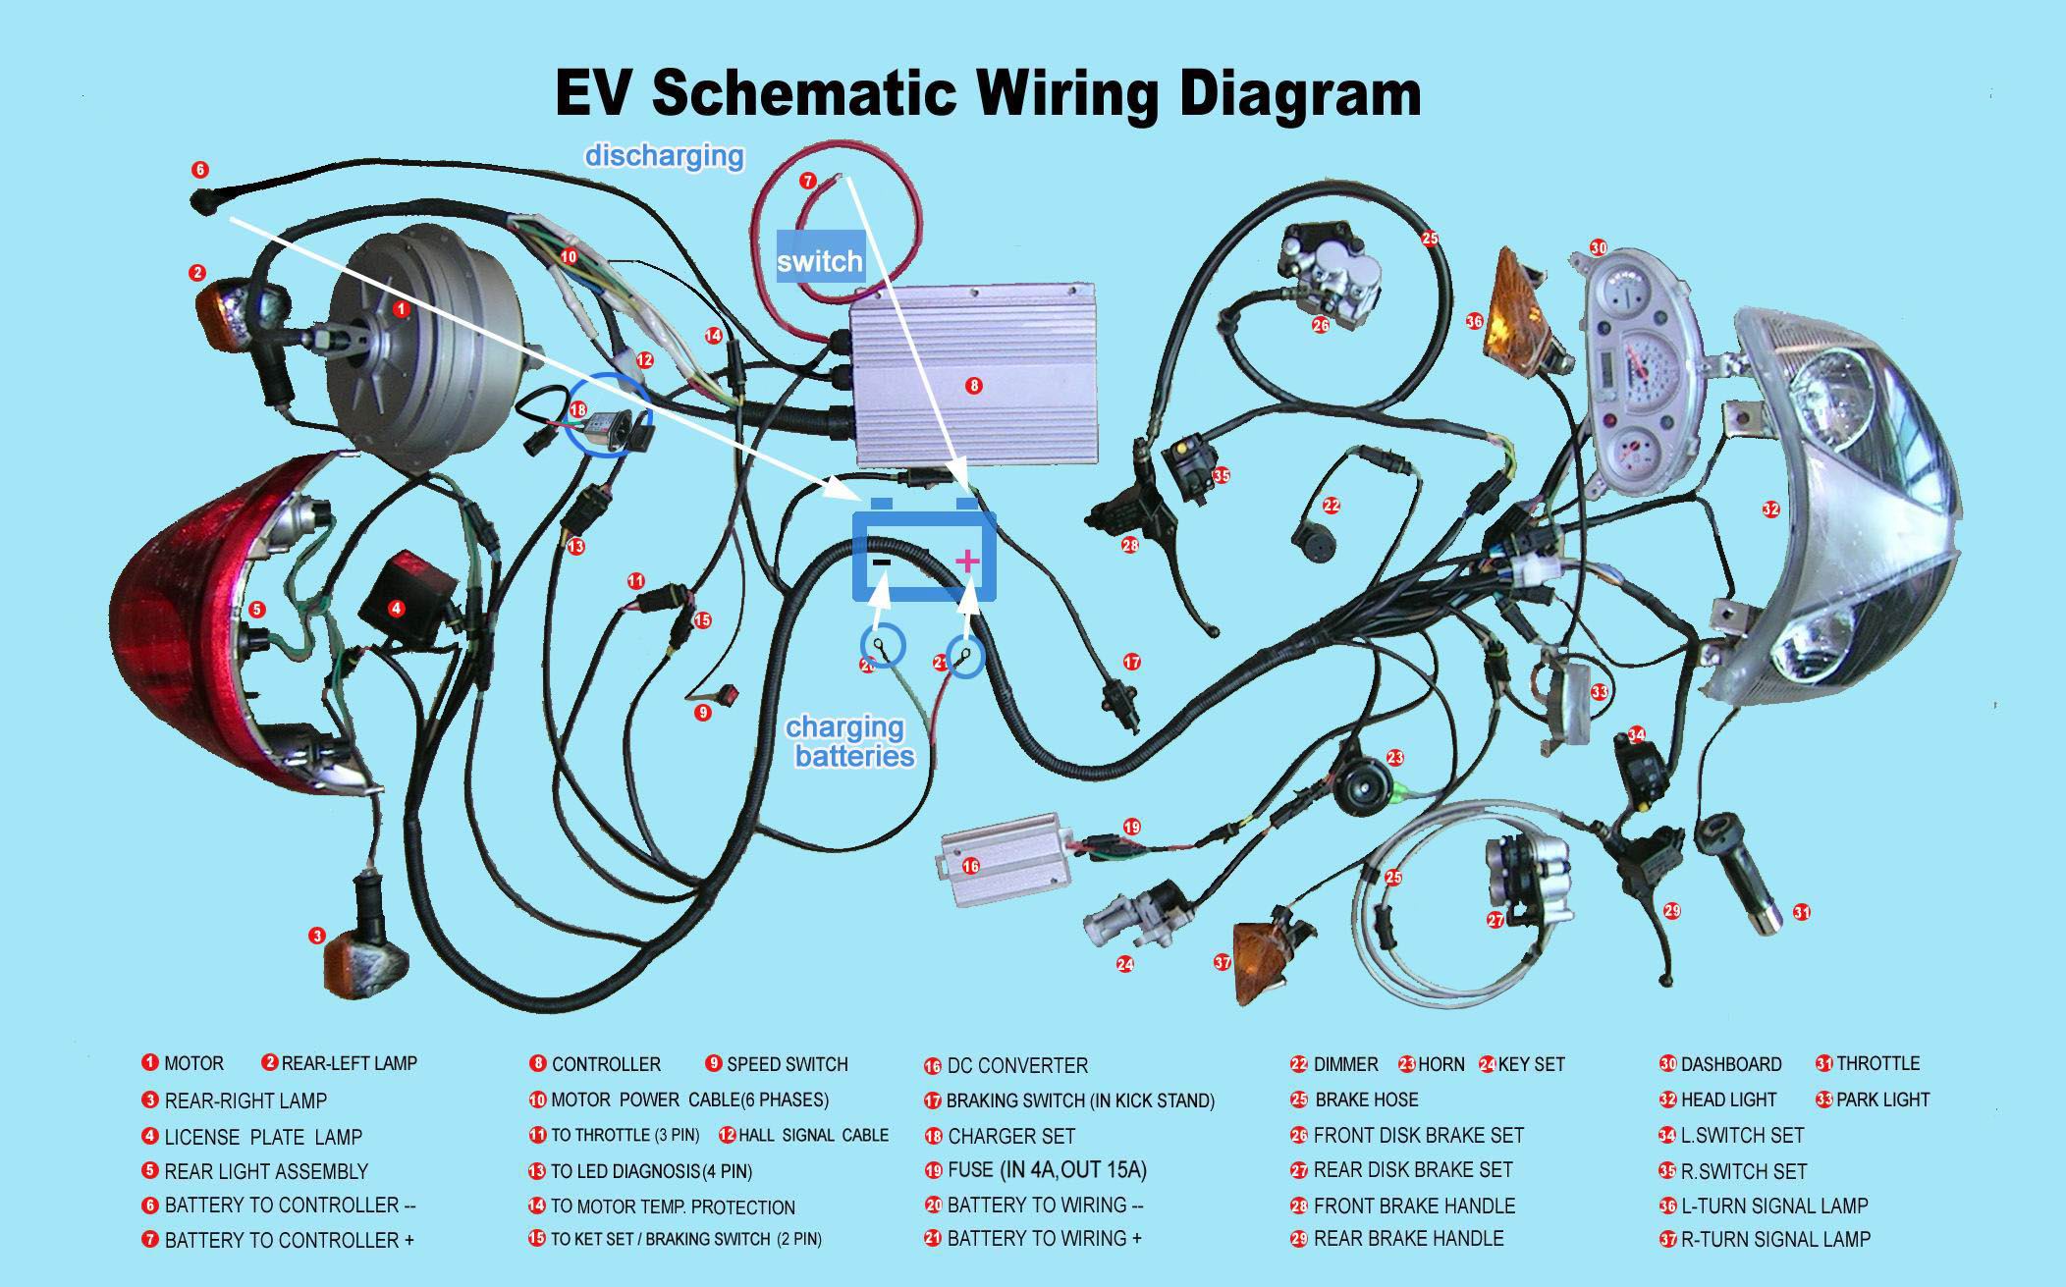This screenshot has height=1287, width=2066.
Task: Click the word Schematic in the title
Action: coord(802,93)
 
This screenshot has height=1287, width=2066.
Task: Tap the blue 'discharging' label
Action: coord(664,156)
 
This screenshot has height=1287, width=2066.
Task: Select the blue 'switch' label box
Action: coord(819,260)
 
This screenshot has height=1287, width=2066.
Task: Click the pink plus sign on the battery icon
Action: coord(967,561)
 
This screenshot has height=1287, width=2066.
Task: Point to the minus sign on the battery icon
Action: coord(881,562)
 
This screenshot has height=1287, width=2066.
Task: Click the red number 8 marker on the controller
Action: coord(973,386)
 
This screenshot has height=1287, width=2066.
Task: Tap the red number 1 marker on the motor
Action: coord(400,308)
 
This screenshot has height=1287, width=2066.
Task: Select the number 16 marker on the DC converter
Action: coord(970,867)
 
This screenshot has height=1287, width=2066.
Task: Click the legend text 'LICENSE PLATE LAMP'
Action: coord(263,1137)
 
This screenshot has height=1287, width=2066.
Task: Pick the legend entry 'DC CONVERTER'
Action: coord(1017,1065)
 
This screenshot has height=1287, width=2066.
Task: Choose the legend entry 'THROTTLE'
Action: coord(1877,1063)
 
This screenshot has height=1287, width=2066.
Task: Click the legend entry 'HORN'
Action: coord(1441,1064)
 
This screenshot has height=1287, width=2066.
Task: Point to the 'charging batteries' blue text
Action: coord(849,741)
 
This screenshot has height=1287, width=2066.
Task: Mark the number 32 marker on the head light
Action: coord(1770,509)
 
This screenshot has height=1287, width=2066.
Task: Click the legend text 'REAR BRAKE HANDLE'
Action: coord(1408,1238)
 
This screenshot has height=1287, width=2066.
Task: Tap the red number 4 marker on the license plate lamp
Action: coord(396,609)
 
